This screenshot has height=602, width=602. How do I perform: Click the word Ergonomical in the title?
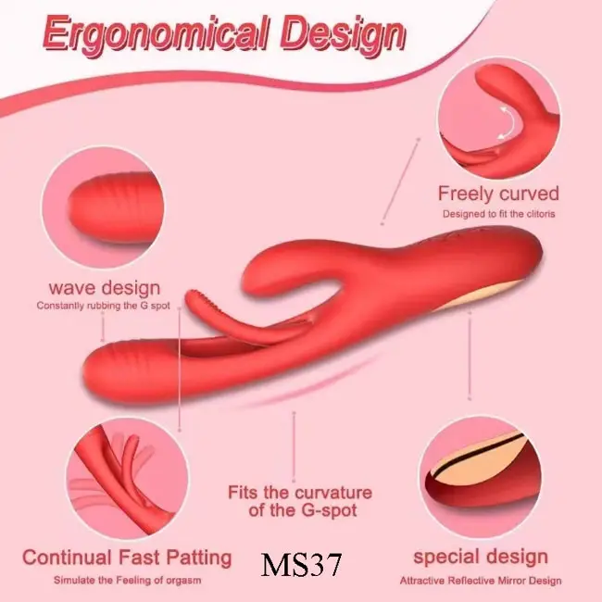click(155, 34)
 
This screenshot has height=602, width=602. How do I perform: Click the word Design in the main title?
click(343, 35)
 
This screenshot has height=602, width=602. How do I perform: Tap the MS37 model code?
click(301, 564)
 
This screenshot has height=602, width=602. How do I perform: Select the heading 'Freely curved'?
click(498, 194)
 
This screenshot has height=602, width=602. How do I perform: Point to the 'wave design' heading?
click(105, 288)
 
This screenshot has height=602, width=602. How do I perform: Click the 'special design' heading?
click(481, 557)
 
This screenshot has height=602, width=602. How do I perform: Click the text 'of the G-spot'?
click(303, 510)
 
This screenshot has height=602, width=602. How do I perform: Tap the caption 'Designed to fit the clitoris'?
click(498, 214)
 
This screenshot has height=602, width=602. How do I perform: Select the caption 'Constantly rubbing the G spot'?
click(104, 306)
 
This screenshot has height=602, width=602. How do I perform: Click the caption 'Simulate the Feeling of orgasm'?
click(127, 580)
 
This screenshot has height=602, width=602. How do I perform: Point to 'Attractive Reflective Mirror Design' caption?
click(481, 581)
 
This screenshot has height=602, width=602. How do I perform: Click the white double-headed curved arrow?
click(507, 123)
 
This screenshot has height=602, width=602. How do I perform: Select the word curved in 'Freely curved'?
click(529, 194)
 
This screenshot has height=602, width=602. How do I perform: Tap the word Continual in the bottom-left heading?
click(69, 557)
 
